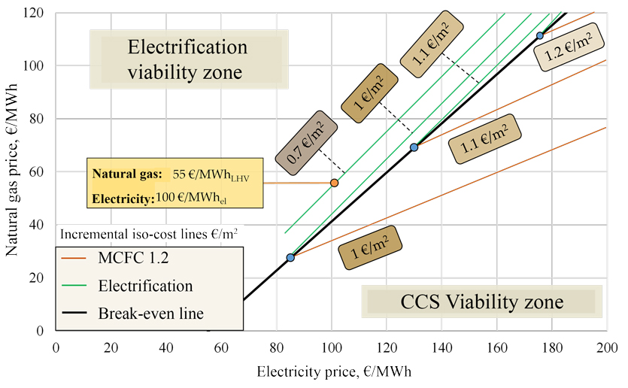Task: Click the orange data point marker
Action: [335, 183]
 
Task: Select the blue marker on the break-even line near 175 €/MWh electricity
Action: [539, 35]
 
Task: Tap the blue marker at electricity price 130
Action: [414, 147]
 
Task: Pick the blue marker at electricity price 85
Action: [290, 258]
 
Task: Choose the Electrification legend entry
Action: [145, 286]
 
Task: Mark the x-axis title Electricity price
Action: [334, 372]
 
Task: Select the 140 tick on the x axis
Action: [442, 347]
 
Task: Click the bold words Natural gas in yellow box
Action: [127, 174]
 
